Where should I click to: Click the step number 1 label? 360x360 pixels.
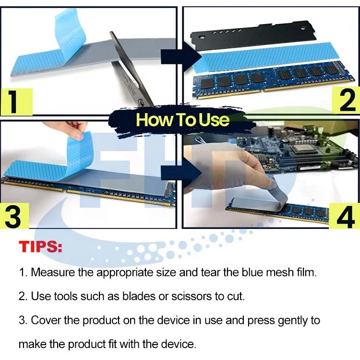[x=15, y=101]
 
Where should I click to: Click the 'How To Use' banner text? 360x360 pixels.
[x=182, y=120]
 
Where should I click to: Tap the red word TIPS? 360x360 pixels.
[x=41, y=247]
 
